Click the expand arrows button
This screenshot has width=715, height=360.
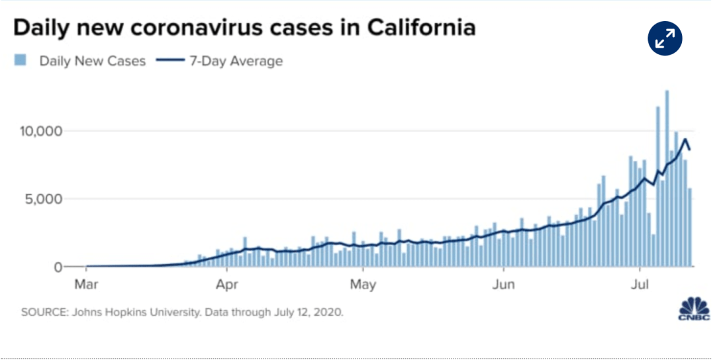tap(664, 40)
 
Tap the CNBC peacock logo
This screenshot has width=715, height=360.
tap(694, 310)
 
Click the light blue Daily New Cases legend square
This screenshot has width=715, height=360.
tap(21, 61)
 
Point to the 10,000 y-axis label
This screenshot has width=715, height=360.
tap(41, 131)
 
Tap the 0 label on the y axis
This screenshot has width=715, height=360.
tap(58, 267)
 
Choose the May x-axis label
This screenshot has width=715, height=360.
tap(363, 286)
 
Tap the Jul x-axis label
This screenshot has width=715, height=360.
tap(640, 286)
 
